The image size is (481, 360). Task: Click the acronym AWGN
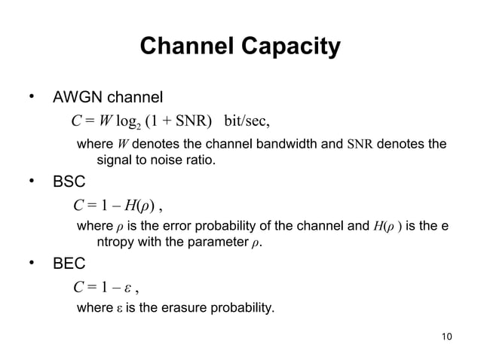pos(77,98)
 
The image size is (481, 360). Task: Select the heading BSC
pos(68,182)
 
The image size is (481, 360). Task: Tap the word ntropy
pos(120,243)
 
